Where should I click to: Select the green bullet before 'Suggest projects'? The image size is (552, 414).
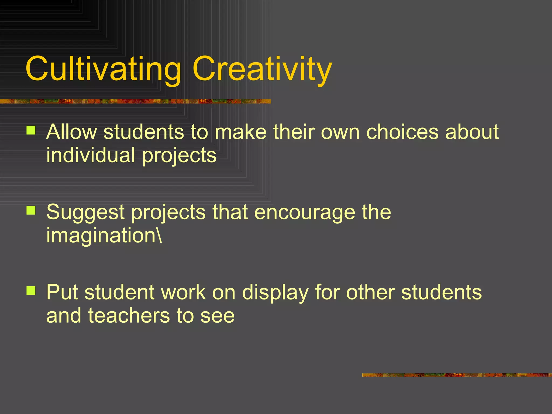coord(31,210)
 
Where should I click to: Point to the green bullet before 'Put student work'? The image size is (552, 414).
coord(31,290)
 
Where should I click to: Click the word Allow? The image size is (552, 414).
coord(71,132)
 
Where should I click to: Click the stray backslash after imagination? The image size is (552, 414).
coord(160,235)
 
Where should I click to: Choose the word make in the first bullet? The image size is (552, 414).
coord(241,132)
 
